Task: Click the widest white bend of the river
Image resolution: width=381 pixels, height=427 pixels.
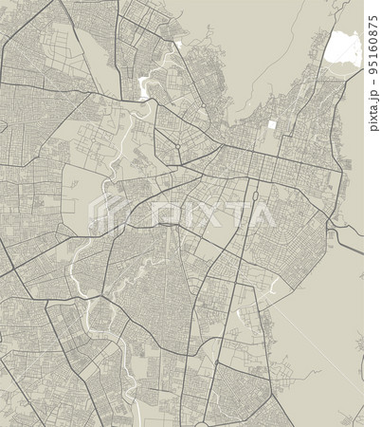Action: click(x=145, y=87)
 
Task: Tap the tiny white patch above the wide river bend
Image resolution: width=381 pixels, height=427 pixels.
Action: click(x=178, y=44)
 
